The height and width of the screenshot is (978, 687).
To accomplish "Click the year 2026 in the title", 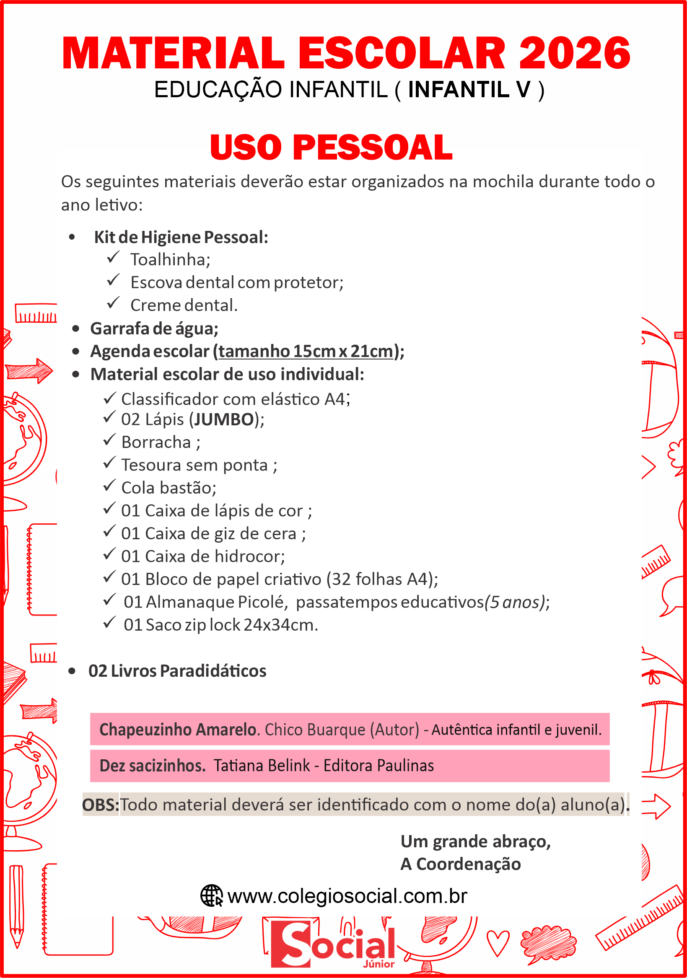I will (574, 53).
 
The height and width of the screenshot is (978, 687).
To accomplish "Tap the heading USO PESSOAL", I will (331, 147).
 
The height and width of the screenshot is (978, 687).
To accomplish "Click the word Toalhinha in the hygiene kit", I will (170, 259).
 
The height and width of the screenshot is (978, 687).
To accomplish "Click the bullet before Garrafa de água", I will (76, 329).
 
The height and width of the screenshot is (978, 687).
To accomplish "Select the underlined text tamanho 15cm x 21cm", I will (306, 352).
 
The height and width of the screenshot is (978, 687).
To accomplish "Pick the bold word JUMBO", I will (224, 419).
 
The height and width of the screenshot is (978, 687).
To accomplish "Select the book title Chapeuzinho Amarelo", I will (177, 730).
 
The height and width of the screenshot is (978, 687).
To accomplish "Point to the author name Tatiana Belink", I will (261, 766).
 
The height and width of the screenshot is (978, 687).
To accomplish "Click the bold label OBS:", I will (101, 805).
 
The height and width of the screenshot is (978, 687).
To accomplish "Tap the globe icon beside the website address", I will (211, 896).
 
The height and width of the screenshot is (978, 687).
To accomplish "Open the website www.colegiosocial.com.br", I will (347, 896).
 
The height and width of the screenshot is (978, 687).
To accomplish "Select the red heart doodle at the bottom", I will (498, 943).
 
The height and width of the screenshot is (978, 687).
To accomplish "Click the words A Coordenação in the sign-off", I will (460, 864).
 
